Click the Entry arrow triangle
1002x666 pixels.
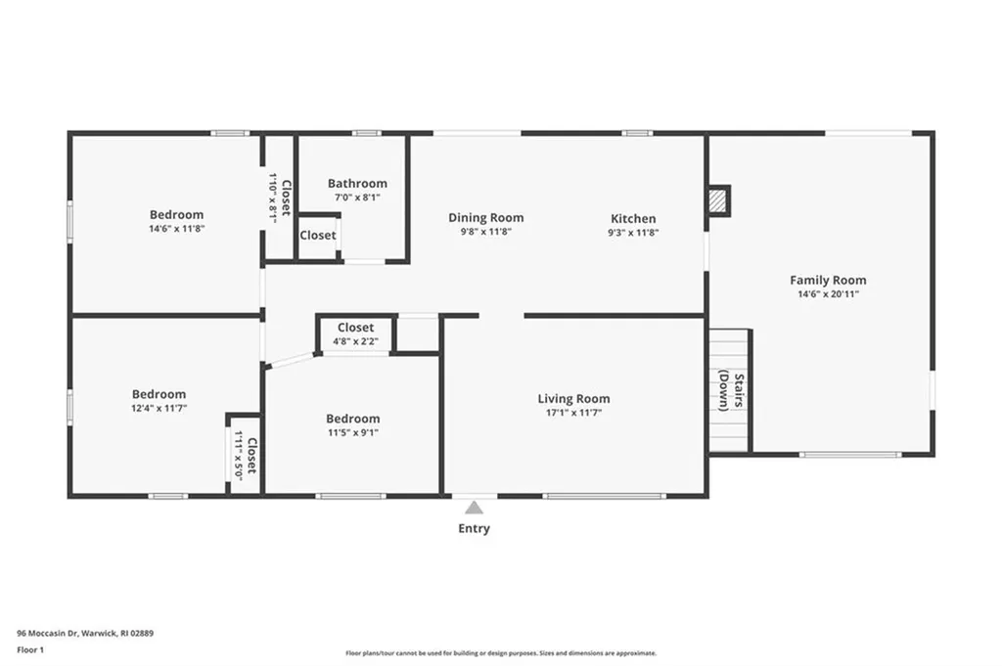(475, 508)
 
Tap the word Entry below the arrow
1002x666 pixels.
(475, 529)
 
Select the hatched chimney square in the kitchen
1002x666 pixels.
(719, 200)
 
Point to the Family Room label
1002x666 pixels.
(828, 281)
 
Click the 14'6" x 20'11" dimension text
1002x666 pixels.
(828, 294)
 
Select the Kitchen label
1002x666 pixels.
(633, 218)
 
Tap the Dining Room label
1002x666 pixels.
(485, 218)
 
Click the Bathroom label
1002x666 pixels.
(357, 183)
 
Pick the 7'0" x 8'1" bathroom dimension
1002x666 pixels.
(357, 197)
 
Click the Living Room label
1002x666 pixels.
(573, 398)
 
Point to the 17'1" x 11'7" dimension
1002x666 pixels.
(573, 413)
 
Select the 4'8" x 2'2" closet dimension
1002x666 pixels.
(355, 342)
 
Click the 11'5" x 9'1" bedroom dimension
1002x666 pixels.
(352, 432)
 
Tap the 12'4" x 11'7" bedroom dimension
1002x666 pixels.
(159, 409)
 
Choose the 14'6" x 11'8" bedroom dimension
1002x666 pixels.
(176, 229)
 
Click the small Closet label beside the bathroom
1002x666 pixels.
(317, 236)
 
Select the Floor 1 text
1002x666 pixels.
(30, 648)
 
